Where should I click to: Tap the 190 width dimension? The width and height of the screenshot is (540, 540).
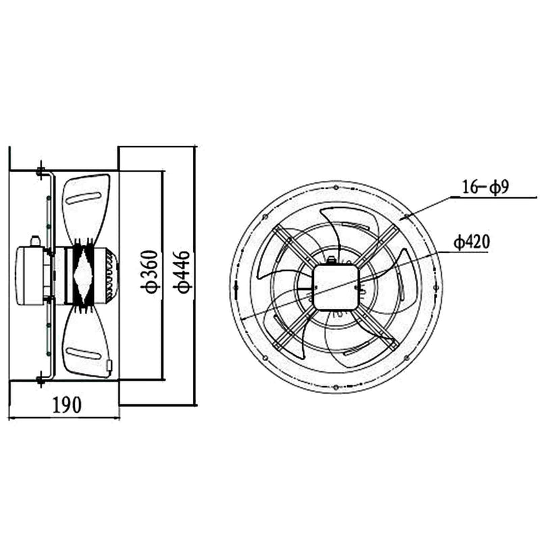click(67, 404)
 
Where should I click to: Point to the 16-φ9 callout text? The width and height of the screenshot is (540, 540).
click(485, 187)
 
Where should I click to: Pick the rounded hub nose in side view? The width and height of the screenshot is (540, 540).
click(112, 273)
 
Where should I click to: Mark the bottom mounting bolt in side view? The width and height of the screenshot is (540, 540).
click(40, 376)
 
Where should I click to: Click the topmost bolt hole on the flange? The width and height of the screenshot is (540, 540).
click(335, 185)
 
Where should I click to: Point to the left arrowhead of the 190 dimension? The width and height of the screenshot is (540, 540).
click(12, 417)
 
